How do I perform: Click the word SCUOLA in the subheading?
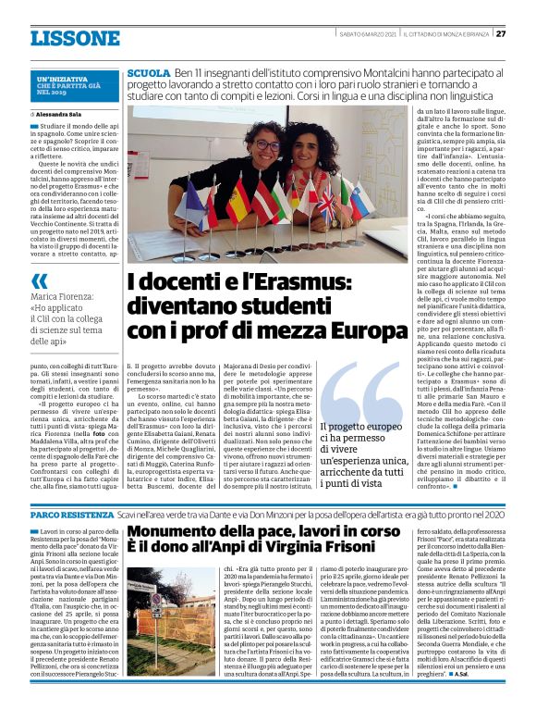(149, 72)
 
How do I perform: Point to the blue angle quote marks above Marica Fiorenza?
(40, 280)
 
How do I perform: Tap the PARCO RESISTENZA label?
(71, 513)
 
